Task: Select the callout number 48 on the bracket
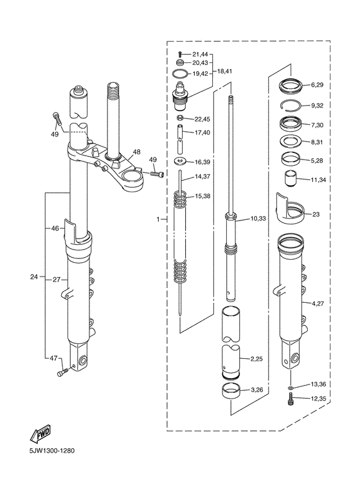pyautogui.click(x=136, y=153)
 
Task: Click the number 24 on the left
pyautogui.click(x=34, y=277)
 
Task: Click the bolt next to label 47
pyautogui.click(x=62, y=372)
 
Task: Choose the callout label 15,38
pyautogui.click(x=201, y=195)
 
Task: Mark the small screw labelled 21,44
pyautogui.click(x=181, y=53)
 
